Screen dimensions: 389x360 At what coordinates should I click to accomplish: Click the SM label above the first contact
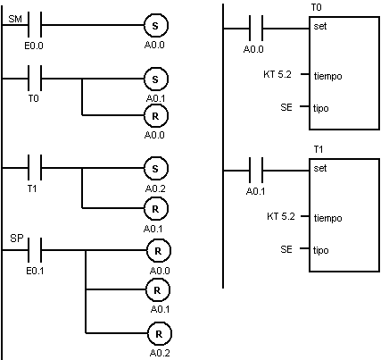point(15,19)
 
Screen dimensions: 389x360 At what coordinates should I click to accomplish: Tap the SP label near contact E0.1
point(16,239)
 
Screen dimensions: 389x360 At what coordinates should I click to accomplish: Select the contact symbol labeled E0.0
point(35,25)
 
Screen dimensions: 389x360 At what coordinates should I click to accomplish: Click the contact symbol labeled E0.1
point(35,250)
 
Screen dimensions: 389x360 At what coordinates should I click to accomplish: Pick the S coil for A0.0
point(156,26)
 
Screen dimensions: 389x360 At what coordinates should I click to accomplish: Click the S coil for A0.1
point(156,80)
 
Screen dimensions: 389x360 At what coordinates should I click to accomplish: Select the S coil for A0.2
point(156,169)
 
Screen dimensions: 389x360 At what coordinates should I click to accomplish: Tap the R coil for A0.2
point(160,334)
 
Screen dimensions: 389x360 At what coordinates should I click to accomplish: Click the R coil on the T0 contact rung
point(156,116)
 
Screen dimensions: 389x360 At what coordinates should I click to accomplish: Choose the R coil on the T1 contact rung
point(156,209)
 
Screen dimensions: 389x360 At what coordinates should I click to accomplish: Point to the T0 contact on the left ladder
point(35,79)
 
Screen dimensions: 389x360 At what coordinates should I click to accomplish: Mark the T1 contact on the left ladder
point(35,168)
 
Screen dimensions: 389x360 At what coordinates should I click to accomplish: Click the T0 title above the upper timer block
point(316,7)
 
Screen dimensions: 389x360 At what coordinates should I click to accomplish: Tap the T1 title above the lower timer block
point(319,149)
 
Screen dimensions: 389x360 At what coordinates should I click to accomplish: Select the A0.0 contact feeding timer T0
point(256,29)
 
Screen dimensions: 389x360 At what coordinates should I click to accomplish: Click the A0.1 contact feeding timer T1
point(256,171)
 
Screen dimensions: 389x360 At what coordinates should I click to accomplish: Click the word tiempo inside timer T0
point(327,76)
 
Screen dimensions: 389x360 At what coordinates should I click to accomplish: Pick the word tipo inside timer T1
point(321,250)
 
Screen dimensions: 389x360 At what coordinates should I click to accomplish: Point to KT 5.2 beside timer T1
point(281,216)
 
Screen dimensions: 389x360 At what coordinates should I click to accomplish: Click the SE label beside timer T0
point(286,107)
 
